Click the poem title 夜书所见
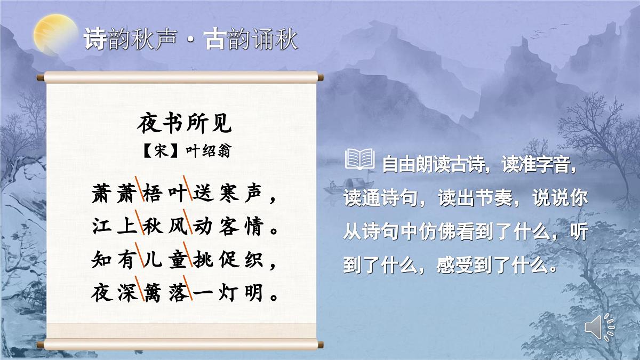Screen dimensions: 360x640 [185, 125]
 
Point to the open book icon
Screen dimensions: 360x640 [360, 159]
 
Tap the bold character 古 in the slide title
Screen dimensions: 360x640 [215, 40]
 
